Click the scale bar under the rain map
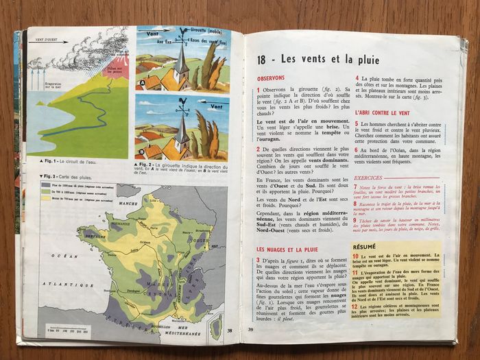(x=67, y=330)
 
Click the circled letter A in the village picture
(x=142, y=85)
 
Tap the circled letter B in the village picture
(x=141, y=152)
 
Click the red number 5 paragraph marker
(x=357, y=123)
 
